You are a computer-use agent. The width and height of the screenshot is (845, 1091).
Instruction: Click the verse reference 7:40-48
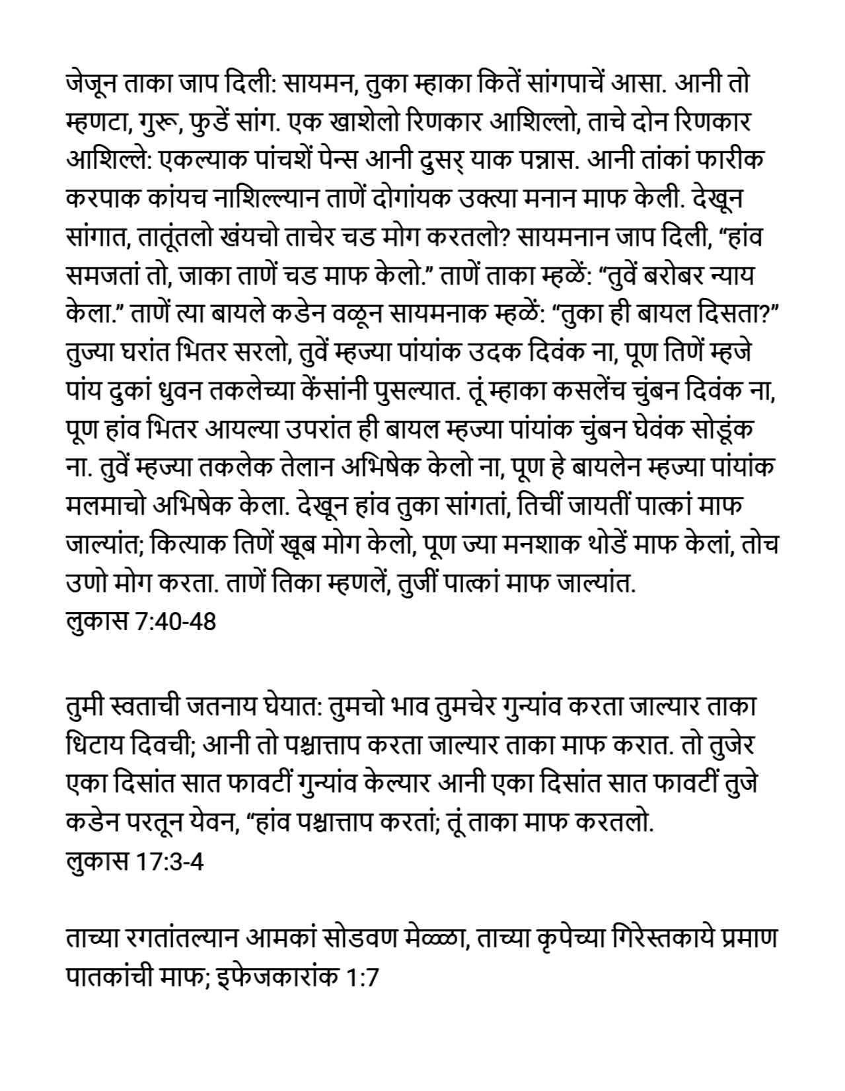click(x=176, y=621)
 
